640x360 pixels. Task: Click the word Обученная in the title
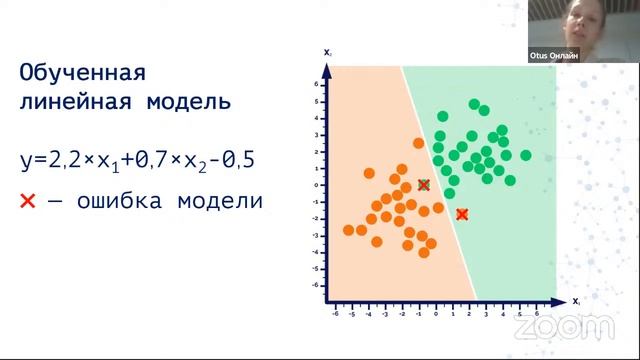click(83, 74)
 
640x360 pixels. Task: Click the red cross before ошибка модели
click(29, 201)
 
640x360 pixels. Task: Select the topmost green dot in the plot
click(475, 104)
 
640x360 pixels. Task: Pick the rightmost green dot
click(525, 155)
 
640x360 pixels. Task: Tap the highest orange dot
click(419, 143)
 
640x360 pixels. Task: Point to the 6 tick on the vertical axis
click(315, 85)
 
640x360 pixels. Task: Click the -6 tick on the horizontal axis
click(335, 312)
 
